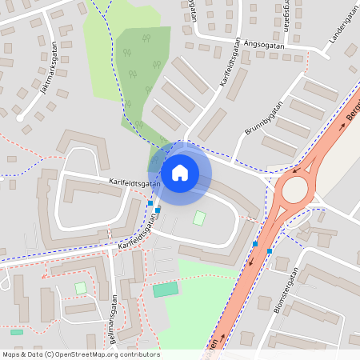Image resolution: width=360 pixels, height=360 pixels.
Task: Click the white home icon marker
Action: click(x=179, y=172)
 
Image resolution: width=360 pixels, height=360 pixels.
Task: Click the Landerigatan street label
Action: click(x=340, y=32)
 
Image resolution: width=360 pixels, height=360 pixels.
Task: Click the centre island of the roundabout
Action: click(x=294, y=190)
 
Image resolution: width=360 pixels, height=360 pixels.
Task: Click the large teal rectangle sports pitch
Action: click(x=166, y=289)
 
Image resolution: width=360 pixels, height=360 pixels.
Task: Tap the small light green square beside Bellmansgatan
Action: click(x=80, y=287)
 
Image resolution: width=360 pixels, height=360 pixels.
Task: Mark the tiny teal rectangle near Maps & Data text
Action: click(x=17, y=331)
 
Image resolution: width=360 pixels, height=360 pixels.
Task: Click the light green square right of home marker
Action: click(x=199, y=218)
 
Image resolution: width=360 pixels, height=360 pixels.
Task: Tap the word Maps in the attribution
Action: click(x=11, y=354)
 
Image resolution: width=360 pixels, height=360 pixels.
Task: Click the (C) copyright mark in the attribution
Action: click(x=49, y=354)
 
